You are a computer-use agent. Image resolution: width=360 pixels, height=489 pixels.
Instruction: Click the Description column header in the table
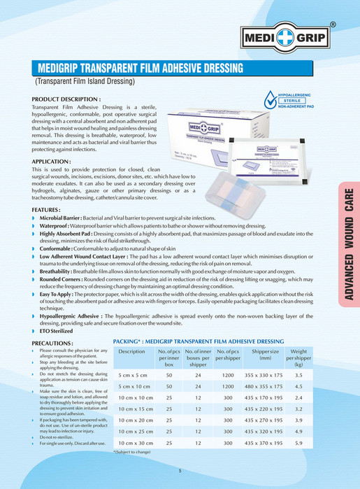point(131,351)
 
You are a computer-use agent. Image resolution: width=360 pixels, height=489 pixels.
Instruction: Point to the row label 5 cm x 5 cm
point(133,375)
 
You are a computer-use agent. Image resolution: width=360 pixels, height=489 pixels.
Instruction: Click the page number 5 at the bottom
point(180,471)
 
